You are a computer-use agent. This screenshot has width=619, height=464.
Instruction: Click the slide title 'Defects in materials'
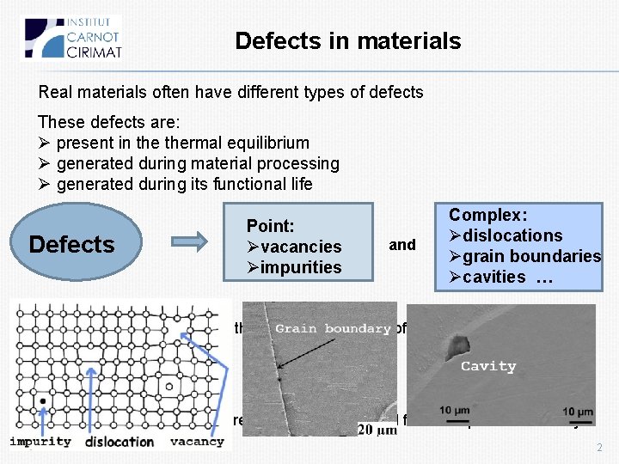pyautogui.click(x=347, y=41)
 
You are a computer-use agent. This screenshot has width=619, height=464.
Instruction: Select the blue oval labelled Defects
pyautogui.click(x=71, y=245)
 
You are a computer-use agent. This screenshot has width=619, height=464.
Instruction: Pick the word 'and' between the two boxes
pyautogui.click(x=402, y=245)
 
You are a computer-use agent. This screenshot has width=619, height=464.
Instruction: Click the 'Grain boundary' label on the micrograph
pyautogui.click(x=334, y=329)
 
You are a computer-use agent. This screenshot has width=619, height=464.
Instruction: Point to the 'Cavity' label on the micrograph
pyautogui.click(x=488, y=366)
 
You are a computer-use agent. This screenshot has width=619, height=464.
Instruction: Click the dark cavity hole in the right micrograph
pyautogui.click(x=455, y=345)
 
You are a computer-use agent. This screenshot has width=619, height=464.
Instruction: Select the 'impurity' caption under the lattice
pyautogui.click(x=40, y=442)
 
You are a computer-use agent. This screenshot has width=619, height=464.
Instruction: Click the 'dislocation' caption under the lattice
pyautogui.click(x=120, y=442)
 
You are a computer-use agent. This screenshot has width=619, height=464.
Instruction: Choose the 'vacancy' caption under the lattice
pyautogui.click(x=197, y=442)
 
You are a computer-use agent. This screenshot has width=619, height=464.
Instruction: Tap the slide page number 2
pyautogui.click(x=599, y=449)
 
